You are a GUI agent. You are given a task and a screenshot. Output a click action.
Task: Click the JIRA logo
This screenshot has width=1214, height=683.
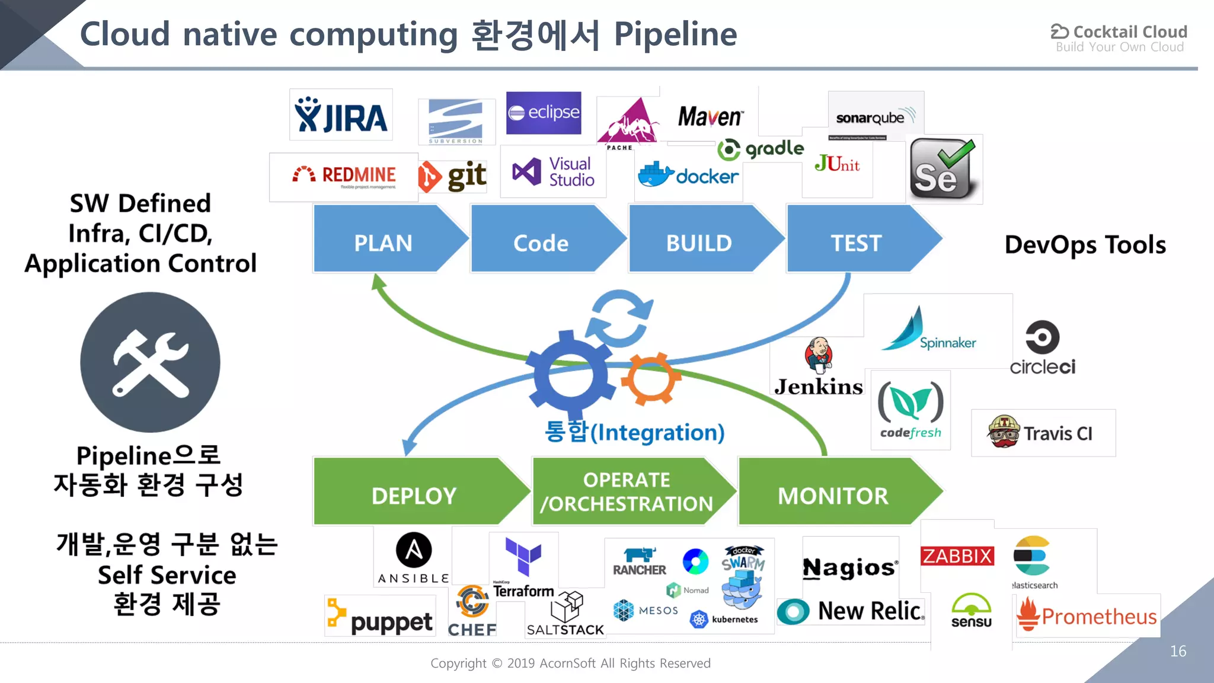tap(341, 115)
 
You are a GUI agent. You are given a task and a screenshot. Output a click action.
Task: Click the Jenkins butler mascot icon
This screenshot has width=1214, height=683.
tap(819, 356)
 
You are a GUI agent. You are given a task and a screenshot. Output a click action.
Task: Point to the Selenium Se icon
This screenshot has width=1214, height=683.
tap(943, 170)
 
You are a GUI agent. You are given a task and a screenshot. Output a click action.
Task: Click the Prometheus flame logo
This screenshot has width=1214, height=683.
tap(1029, 615)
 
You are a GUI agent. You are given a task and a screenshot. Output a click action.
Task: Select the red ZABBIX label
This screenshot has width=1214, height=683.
tap(957, 556)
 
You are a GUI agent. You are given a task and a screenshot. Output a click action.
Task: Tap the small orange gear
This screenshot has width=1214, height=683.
tap(650, 379)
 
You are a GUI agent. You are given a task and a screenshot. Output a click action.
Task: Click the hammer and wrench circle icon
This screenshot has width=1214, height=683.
tap(150, 362)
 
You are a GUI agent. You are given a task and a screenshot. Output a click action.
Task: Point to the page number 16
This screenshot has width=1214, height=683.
tap(1178, 651)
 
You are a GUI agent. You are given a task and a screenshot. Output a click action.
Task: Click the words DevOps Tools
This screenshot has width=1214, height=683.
tap(1085, 245)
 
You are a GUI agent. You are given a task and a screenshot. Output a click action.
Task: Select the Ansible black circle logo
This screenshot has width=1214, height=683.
tap(414, 550)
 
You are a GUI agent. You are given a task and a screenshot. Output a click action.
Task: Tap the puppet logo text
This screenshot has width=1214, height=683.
tap(391, 621)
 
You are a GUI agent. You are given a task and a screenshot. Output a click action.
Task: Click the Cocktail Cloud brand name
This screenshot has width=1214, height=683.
tap(1129, 31)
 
